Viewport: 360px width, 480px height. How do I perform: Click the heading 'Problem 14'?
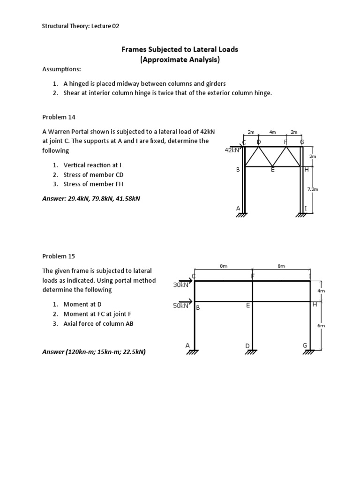point(59,117)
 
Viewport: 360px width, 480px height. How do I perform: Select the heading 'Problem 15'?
point(59,256)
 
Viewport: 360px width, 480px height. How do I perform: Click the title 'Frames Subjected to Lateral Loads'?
point(180,49)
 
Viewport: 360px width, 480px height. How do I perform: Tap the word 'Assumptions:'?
point(61,69)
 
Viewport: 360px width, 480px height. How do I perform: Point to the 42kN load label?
point(232,150)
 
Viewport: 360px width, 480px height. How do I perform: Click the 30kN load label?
point(180,285)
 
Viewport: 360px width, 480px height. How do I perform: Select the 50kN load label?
point(180,306)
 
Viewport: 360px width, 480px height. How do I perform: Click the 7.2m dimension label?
point(312,189)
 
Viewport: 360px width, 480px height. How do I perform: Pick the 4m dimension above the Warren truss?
point(272,133)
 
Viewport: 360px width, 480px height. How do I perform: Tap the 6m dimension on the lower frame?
point(321,325)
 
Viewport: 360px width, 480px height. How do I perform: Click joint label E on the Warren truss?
point(272,170)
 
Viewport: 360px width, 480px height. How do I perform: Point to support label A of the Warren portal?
point(238,208)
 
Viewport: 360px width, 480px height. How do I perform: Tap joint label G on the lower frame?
point(305,345)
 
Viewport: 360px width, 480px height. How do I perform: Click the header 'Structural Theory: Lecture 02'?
point(81,26)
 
